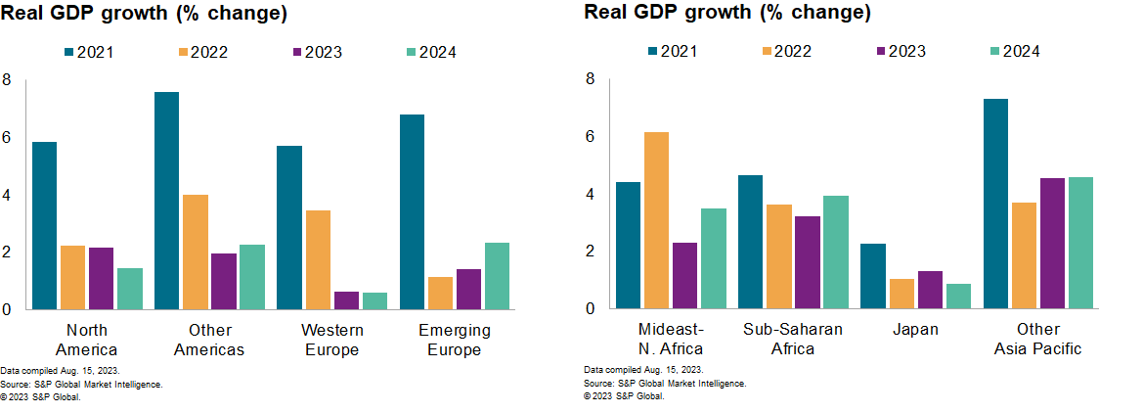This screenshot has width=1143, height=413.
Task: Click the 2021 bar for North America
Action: (x=44, y=225)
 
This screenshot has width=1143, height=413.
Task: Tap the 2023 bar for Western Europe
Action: (x=318, y=299)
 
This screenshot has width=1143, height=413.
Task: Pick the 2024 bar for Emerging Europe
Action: (x=497, y=275)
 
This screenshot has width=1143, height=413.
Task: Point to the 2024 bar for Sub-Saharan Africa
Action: (x=835, y=252)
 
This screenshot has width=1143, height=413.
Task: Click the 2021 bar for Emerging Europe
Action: (x=412, y=211)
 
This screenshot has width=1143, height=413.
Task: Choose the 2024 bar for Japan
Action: (x=958, y=296)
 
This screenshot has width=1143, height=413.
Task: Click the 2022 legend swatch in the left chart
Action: (x=186, y=52)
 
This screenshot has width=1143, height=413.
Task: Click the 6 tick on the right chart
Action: (x=589, y=137)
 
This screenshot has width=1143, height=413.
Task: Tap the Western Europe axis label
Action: (x=331, y=340)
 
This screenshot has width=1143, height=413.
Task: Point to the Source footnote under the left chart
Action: (x=81, y=385)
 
